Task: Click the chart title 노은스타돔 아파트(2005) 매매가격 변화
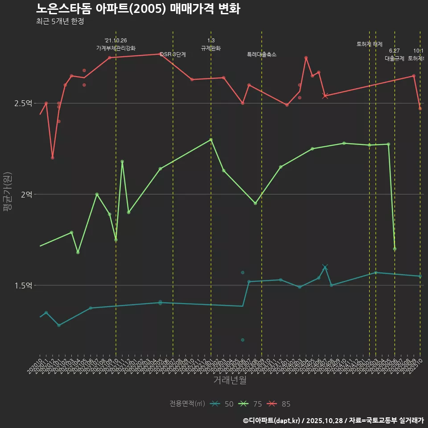click(138, 9)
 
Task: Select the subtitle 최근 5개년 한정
click(60, 21)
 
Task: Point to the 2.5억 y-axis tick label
click(23, 103)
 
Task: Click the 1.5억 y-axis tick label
click(23, 285)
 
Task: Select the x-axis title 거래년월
click(230, 380)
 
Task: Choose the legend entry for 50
click(222, 404)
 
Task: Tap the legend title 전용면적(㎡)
click(187, 404)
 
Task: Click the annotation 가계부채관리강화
click(116, 48)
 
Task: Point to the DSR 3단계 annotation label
click(173, 54)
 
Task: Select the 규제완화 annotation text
click(211, 48)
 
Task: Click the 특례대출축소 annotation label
click(262, 54)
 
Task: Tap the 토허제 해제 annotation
click(370, 44)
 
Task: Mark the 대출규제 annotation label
click(395, 58)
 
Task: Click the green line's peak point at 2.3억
click(211, 140)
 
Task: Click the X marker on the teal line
click(325, 267)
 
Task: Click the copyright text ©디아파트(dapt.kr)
click(272, 420)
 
